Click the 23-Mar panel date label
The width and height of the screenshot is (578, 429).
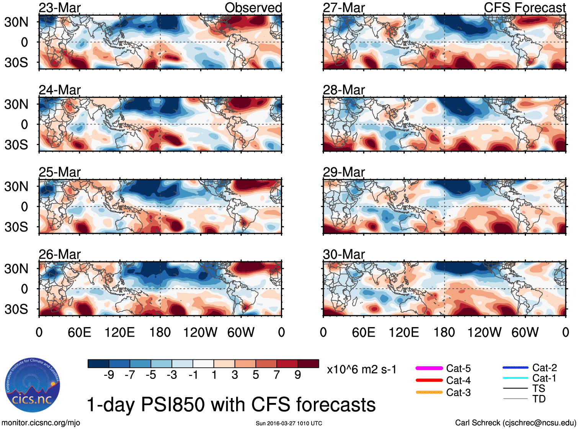click(x=60, y=8)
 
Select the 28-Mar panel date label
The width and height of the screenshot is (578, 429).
click(x=344, y=90)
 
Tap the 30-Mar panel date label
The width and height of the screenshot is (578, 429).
click(x=344, y=254)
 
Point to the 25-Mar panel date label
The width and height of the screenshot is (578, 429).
click(x=60, y=173)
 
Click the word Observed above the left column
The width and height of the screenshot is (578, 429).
click(x=253, y=8)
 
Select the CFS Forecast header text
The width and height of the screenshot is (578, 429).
click(x=524, y=8)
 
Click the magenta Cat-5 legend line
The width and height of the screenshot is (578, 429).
click(x=429, y=368)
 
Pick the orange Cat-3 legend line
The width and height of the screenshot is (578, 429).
click(x=429, y=392)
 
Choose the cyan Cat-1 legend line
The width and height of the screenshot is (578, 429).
click(x=515, y=378)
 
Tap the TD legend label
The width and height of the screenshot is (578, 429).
click(x=539, y=399)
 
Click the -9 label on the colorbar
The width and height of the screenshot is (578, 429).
click(x=109, y=375)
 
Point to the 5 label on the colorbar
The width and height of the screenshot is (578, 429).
click(x=256, y=375)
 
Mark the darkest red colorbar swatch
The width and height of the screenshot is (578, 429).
click(x=308, y=364)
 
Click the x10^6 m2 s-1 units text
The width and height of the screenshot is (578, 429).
click(x=361, y=370)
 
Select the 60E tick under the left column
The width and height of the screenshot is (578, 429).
click(x=80, y=332)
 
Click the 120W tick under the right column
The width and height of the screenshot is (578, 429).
click(x=484, y=332)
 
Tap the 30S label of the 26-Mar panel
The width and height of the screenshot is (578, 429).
click(x=16, y=309)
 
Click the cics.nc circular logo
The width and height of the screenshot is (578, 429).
click(x=33, y=386)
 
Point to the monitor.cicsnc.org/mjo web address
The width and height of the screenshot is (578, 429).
click(x=41, y=423)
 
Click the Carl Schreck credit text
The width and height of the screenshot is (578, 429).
click(x=515, y=423)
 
